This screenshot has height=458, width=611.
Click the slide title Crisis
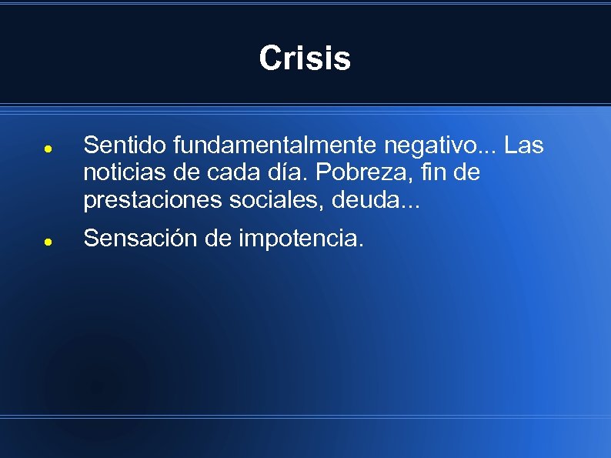pos(305,59)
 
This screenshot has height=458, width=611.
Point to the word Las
pos(524,145)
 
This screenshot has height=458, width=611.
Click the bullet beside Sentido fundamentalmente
pos(47,146)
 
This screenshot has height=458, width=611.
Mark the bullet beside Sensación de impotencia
pos(47,240)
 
